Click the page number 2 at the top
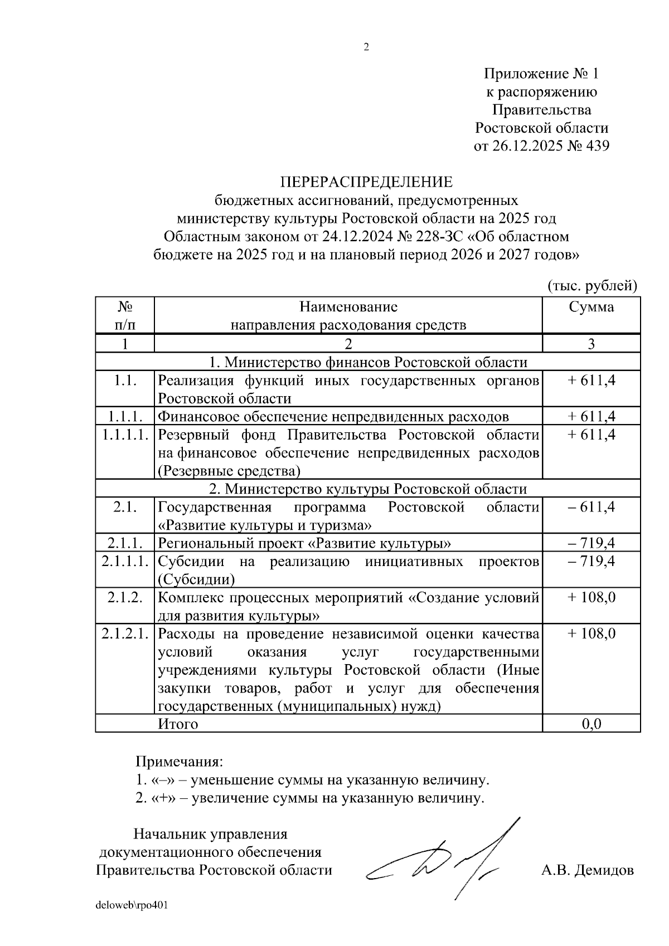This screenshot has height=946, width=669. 366,47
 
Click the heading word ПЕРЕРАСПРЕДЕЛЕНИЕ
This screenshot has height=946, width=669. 366,182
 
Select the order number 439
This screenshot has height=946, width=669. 595,146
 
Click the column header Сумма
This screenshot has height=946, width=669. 591,307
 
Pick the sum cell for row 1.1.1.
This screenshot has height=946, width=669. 591,416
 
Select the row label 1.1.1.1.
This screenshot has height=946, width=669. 125,435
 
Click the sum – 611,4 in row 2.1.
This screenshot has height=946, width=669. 591,507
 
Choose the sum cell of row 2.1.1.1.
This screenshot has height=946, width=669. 591,561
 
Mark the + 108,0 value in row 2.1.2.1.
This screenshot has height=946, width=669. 591,633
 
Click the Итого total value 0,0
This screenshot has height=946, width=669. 591,724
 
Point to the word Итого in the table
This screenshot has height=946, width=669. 178,724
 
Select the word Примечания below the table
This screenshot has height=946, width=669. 179,761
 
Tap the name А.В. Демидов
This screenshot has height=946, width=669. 587,870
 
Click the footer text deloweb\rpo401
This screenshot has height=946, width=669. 132,905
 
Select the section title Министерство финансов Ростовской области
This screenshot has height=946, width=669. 367,362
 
